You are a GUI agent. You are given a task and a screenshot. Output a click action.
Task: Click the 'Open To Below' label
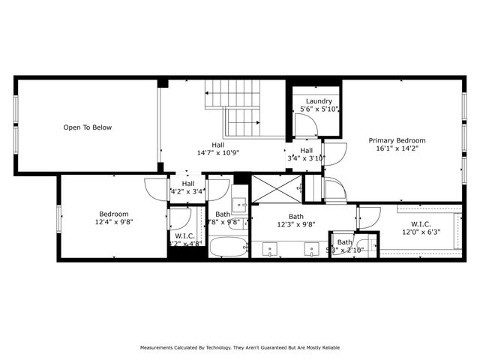coord(87,127)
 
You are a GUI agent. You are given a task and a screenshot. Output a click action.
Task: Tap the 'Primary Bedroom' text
coord(397,140)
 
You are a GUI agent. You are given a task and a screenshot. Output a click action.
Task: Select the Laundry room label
coord(319,100)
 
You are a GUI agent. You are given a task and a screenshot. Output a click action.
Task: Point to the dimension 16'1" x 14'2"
coord(397,148)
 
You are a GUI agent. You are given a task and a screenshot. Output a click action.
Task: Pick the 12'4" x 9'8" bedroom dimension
coord(113,222)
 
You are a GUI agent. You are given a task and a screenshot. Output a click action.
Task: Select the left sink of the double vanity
coord(268,247)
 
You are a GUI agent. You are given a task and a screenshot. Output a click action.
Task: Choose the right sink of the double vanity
coord(310,247)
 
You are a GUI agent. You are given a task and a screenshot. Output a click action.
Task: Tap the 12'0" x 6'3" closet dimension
coord(421,232)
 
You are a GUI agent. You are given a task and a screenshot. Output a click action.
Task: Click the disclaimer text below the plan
coord(239,347)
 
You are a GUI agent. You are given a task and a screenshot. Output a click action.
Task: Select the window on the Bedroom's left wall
coord(60,217)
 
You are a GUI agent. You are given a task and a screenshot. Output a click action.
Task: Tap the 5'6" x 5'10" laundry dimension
coord(319,109)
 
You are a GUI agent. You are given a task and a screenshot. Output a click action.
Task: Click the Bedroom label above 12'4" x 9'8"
coord(113,214)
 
